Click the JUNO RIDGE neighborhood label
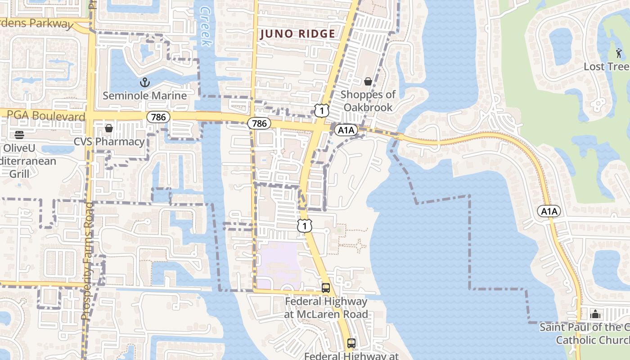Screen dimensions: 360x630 click(x=297, y=34)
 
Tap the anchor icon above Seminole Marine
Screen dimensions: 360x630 click(x=144, y=82)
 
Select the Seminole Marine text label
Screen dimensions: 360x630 click(x=144, y=95)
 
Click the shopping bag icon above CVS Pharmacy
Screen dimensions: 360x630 click(x=108, y=128)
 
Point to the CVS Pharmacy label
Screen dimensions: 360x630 click(x=109, y=142)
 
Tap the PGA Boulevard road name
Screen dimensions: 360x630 click(x=42, y=117)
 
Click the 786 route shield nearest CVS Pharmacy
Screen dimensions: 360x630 click(x=158, y=117)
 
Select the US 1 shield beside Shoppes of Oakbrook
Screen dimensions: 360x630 click(x=321, y=110)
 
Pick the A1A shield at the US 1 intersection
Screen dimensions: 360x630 click(x=346, y=130)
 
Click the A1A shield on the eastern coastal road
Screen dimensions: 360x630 click(x=549, y=211)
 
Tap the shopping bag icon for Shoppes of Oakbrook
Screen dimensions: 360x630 click(x=368, y=81)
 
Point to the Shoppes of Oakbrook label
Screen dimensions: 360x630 click(x=368, y=101)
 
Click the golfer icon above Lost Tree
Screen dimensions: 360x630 click(x=619, y=53)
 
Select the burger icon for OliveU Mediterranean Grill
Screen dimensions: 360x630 click(x=19, y=135)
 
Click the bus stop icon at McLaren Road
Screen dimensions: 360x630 click(x=326, y=288)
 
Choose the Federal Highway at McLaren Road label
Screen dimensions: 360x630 click(x=326, y=308)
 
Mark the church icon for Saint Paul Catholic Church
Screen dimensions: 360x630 click(x=595, y=314)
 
